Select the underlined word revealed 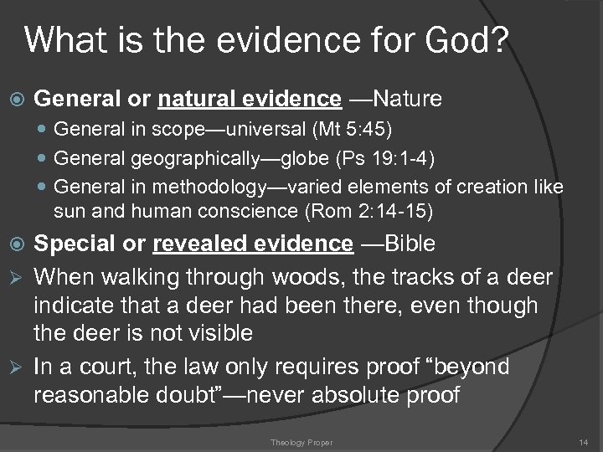[200, 244]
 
